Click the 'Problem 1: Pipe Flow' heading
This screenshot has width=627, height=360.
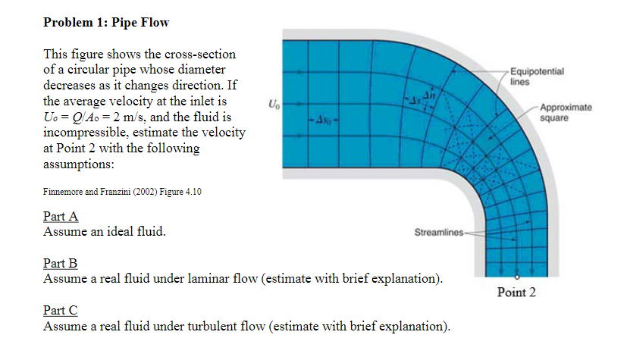(106, 22)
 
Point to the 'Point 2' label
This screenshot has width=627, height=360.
(516, 293)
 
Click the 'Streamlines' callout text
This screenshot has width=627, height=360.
(437, 231)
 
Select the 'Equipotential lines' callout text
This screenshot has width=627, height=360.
(536, 76)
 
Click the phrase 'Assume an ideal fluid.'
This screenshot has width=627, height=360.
(105, 231)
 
